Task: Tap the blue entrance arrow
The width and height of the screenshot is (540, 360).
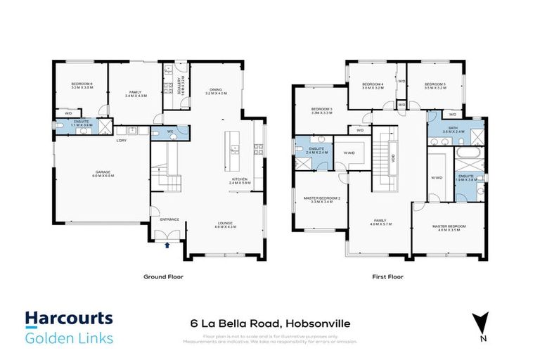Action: (x=167, y=245)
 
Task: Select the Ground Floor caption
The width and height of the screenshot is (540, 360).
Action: (x=163, y=277)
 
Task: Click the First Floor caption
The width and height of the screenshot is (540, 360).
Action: (x=387, y=277)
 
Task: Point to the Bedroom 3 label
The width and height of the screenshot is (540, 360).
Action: (x=321, y=110)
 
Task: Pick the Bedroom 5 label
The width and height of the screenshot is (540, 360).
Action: (x=436, y=86)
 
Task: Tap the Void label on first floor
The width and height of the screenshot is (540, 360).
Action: (x=394, y=157)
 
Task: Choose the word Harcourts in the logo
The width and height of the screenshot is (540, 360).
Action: (x=69, y=319)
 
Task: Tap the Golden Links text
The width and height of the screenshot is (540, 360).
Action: (x=69, y=339)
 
